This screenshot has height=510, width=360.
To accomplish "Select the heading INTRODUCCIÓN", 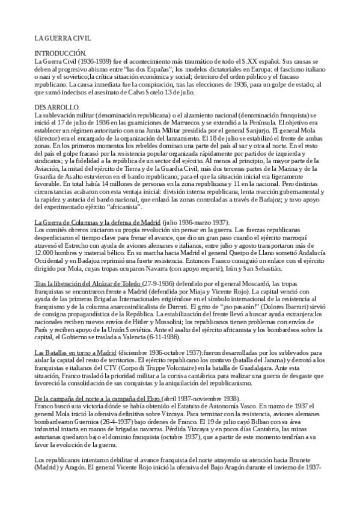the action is (60, 54).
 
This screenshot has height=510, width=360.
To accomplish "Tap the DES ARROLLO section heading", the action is (55, 106).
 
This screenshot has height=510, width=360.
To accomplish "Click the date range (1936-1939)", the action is (88, 61).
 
